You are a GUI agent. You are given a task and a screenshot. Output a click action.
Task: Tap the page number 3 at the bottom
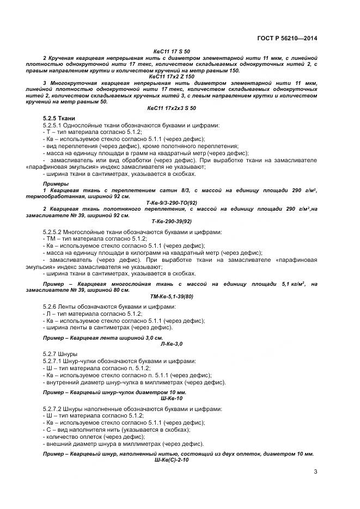315,471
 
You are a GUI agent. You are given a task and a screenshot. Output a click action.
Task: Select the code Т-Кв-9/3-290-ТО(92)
171,202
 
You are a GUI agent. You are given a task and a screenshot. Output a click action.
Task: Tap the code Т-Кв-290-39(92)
171,221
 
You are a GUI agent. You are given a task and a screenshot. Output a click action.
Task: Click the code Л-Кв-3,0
171,344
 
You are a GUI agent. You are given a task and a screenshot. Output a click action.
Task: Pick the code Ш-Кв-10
171,398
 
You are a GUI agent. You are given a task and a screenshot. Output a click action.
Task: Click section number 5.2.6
50,307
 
